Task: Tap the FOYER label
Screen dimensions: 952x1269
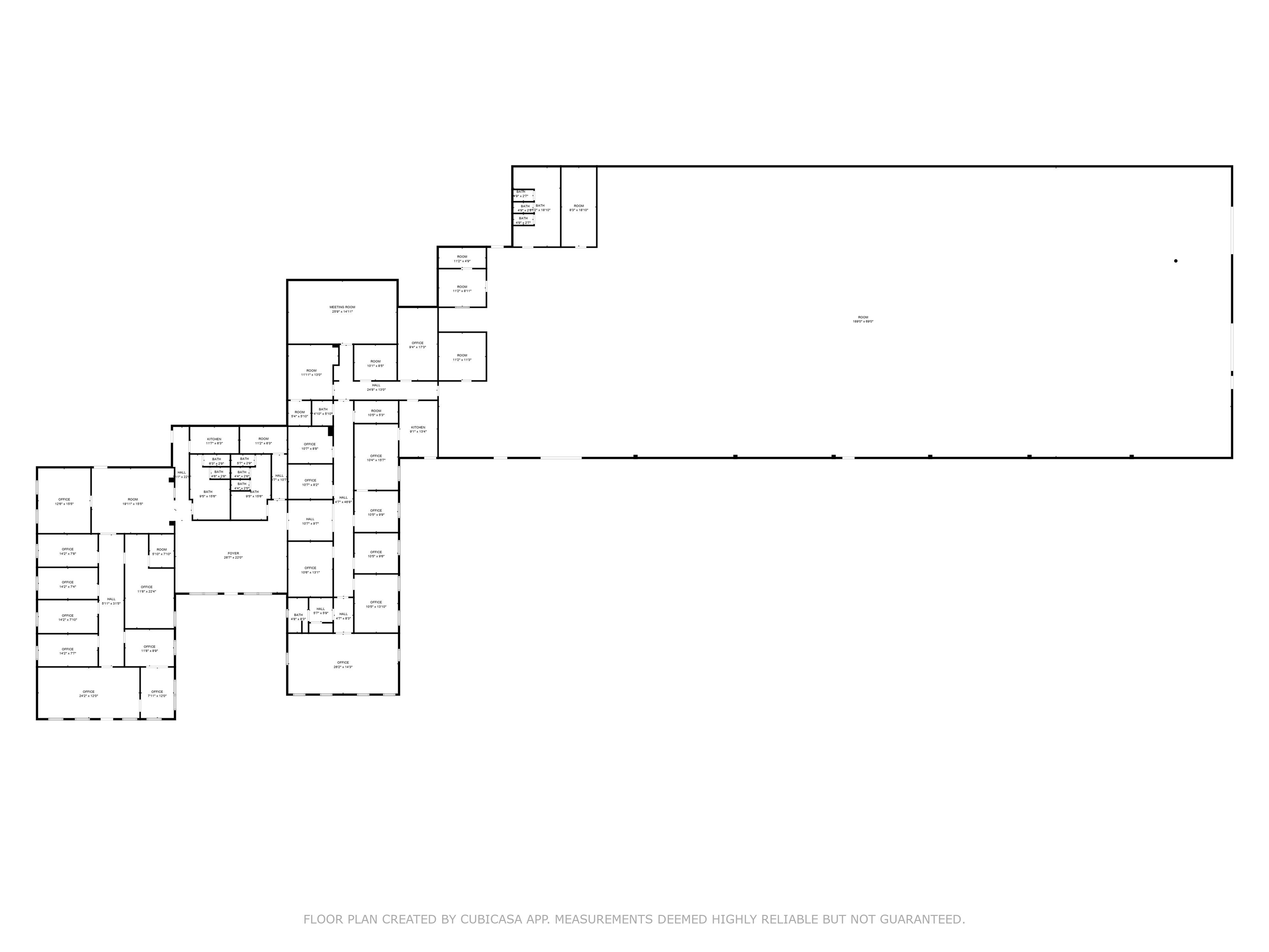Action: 233,555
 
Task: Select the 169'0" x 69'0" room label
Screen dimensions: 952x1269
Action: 863,319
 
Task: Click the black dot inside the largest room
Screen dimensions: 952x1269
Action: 1176,261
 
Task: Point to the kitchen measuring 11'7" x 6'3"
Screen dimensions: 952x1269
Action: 214,441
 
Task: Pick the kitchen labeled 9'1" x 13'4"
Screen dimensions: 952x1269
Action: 418,429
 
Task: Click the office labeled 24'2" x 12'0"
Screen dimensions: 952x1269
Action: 88,694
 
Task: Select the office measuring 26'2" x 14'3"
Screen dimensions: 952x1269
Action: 343,664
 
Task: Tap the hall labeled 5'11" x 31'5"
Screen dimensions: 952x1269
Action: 111,601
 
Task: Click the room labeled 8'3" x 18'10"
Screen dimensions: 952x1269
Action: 579,208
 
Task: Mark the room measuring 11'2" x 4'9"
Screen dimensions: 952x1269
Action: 462,259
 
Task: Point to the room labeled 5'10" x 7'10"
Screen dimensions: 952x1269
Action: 162,552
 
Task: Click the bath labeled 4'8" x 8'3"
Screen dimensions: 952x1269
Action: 298,617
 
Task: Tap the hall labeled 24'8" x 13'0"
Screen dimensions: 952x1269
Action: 376,387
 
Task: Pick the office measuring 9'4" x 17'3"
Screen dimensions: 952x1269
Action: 418,345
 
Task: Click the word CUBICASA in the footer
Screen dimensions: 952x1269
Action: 490,919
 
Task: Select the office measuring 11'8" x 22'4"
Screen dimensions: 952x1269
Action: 147,589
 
